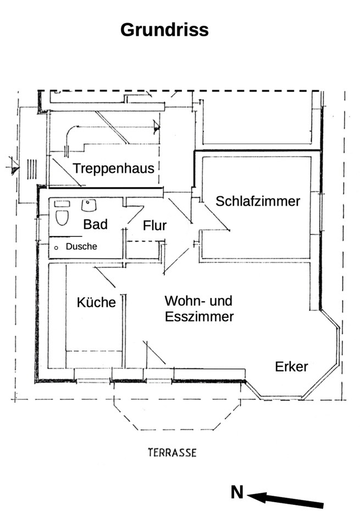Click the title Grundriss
tap(164, 29)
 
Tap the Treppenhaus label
tap(114, 168)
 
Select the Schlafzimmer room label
tap(258, 201)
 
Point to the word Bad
tap(95, 224)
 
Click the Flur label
tap(154, 226)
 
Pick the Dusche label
tap(81, 247)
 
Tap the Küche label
tap(96, 302)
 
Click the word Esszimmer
tap(200, 317)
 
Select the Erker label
tap(291, 367)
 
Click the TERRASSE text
tap(172, 453)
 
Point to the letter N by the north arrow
tap(237, 493)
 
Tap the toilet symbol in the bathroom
tap(62, 217)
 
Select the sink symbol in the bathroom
tap(89, 206)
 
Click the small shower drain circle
tap(56, 248)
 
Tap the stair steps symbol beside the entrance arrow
tap(32, 169)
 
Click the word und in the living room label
tap(221, 301)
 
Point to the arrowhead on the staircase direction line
tap(157, 128)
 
